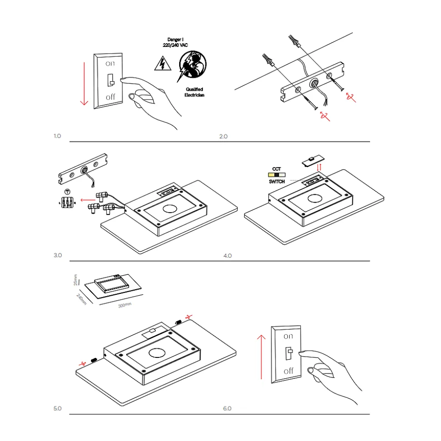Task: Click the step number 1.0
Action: (x=57, y=136)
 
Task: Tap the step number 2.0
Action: (x=223, y=136)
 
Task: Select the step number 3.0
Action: (x=57, y=255)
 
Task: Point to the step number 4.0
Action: (x=227, y=256)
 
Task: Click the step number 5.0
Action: (x=57, y=408)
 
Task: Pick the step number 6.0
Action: (x=227, y=408)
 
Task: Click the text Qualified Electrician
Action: (x=194, y=92)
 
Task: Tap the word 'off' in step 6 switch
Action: (x=288, y=371)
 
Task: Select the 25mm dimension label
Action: (x=76, y=279)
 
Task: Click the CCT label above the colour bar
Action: (x=276, y=168)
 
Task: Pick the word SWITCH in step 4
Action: (x=276, y=181)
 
